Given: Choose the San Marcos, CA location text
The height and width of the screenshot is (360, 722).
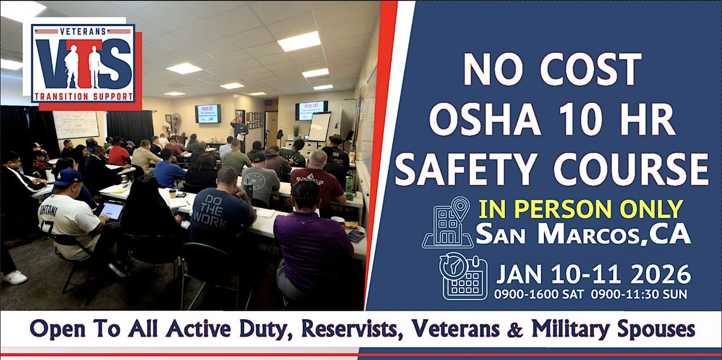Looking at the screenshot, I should [582, 235].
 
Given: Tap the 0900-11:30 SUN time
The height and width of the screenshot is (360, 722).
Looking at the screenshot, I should [640, 295].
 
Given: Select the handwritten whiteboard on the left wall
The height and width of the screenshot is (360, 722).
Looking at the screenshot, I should [76, 124].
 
